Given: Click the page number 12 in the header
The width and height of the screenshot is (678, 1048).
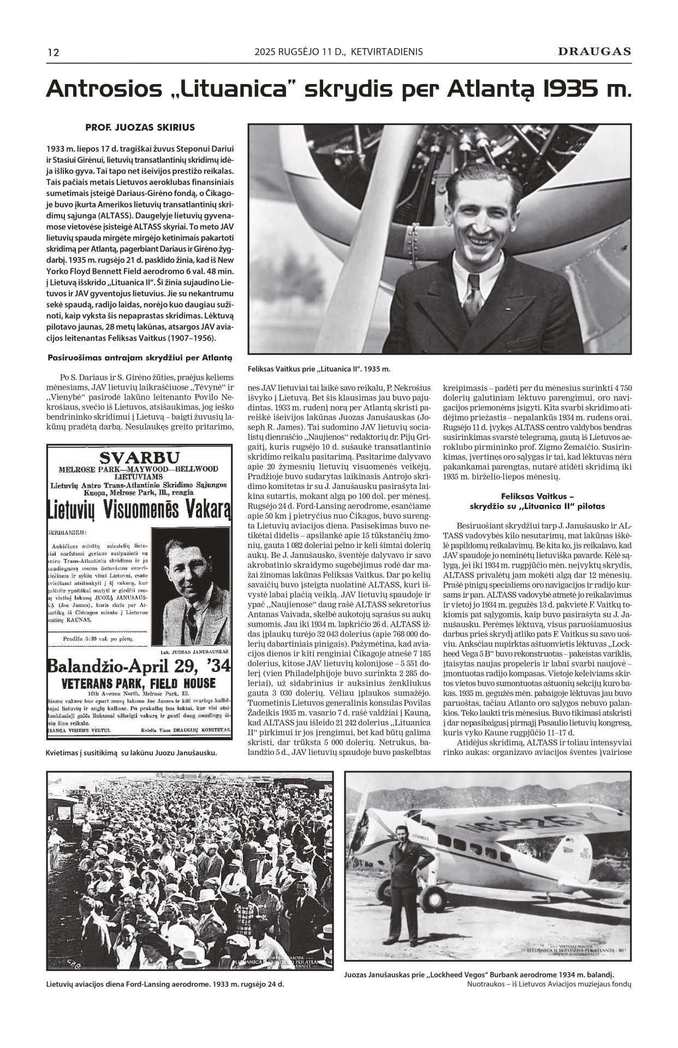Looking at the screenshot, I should click(x=53, y=53).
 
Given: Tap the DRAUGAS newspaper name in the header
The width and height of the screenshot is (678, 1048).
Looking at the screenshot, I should click(x=594, y=52).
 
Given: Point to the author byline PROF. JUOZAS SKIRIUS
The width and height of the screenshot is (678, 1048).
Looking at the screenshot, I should click(x=140, y=127).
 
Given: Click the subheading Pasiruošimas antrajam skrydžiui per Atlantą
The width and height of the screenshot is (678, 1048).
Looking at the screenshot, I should click(x=140, y=358).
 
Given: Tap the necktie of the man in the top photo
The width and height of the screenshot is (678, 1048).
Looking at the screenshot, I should click(x=473, y=297).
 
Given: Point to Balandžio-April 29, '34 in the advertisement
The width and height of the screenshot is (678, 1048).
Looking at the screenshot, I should click(x=140, y=666).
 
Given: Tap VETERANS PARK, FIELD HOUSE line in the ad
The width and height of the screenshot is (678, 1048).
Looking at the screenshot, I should click(x=139, y=683).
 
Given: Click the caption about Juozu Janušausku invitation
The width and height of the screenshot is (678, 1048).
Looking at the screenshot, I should click(x=132, y=752).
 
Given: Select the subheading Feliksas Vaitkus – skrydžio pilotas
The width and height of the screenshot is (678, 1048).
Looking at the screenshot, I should click(x=537, y=501).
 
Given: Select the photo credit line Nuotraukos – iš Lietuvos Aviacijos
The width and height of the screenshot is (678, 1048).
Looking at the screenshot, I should click(x=549, y=984).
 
